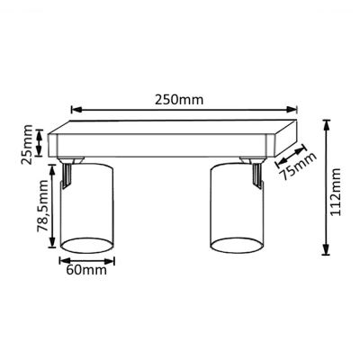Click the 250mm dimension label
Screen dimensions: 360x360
[x=179, y=100]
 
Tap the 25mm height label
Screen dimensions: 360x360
[x=27, y=144]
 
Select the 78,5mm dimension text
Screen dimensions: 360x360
[x=42, y=206]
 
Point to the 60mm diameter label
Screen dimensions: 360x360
[x=86, y=270]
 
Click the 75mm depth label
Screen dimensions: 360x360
[x=298, y=166]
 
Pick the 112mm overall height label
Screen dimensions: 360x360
[x=335, y=192]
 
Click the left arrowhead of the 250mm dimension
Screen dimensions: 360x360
[x=76, y=110]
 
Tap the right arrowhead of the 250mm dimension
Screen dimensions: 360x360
[x=292, y=110]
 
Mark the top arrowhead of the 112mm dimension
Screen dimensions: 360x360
[x=326, y=125]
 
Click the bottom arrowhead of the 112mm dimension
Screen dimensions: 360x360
[x=326, y=249]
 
